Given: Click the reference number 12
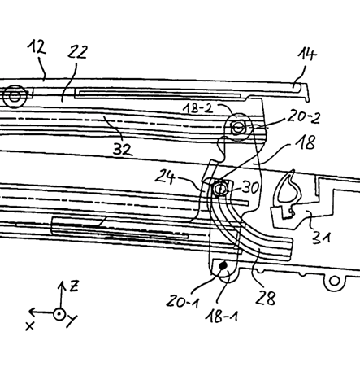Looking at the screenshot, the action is pyautogui.click(x=37, y=47).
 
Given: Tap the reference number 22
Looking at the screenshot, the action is pyautogui.click(x=77, y=52).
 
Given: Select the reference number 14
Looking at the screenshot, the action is pyautogui.click(x=307, y=54).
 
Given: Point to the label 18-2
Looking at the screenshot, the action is pyautogui.click(x=198, y=108).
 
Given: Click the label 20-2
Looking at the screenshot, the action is pyautogui.click(x=304, y=116).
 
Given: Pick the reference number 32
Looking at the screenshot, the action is pyautogui.click(x=123, y=149).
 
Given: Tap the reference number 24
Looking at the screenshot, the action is pyautogui.click(x=165, y=177).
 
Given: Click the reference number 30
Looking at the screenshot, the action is pyautogui.click(x=250, y=187).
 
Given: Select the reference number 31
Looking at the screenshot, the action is pyautogui.click(x=321, y=238).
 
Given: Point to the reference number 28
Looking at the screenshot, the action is pyautogui.click(x=266, y=298).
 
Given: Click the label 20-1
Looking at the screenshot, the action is pyautogui.click(x=182, y=301).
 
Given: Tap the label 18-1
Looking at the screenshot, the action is pyautogui.click(x=221, y=316).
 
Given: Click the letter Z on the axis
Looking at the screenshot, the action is pyautogui.click(x=74, y=286).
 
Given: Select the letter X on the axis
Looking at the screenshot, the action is pyautogui.click(x=30, y=325).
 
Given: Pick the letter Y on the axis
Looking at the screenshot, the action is pyautogui.click(x=72, y=321).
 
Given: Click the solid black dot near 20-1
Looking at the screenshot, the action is pyautogui.click(x=223, y=265).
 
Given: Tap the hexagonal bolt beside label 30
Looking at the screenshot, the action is pyautogui.click(x=219, y=189).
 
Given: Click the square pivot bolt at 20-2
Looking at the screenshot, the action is pyautogui.click(x=237, y=127).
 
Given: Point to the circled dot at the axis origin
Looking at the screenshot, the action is pyautogui.click(x=59, y=314).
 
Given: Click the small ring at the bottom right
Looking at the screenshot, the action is pyautogui.click(x=335, y=281).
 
